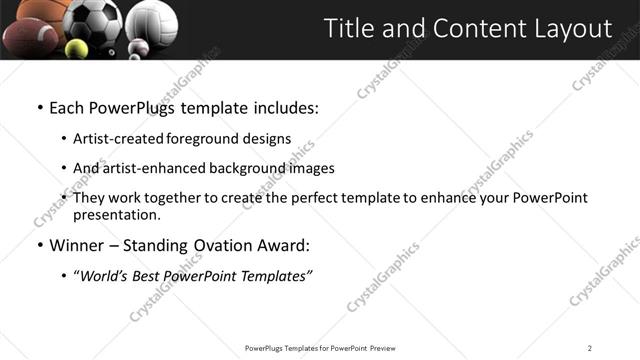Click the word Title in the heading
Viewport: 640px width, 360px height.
point(348,29)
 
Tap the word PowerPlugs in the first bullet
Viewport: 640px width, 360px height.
point(140,107)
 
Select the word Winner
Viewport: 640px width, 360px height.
point(78,246)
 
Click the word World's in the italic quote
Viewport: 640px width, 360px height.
point(105,276)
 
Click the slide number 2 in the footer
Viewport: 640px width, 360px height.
point(590,348)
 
